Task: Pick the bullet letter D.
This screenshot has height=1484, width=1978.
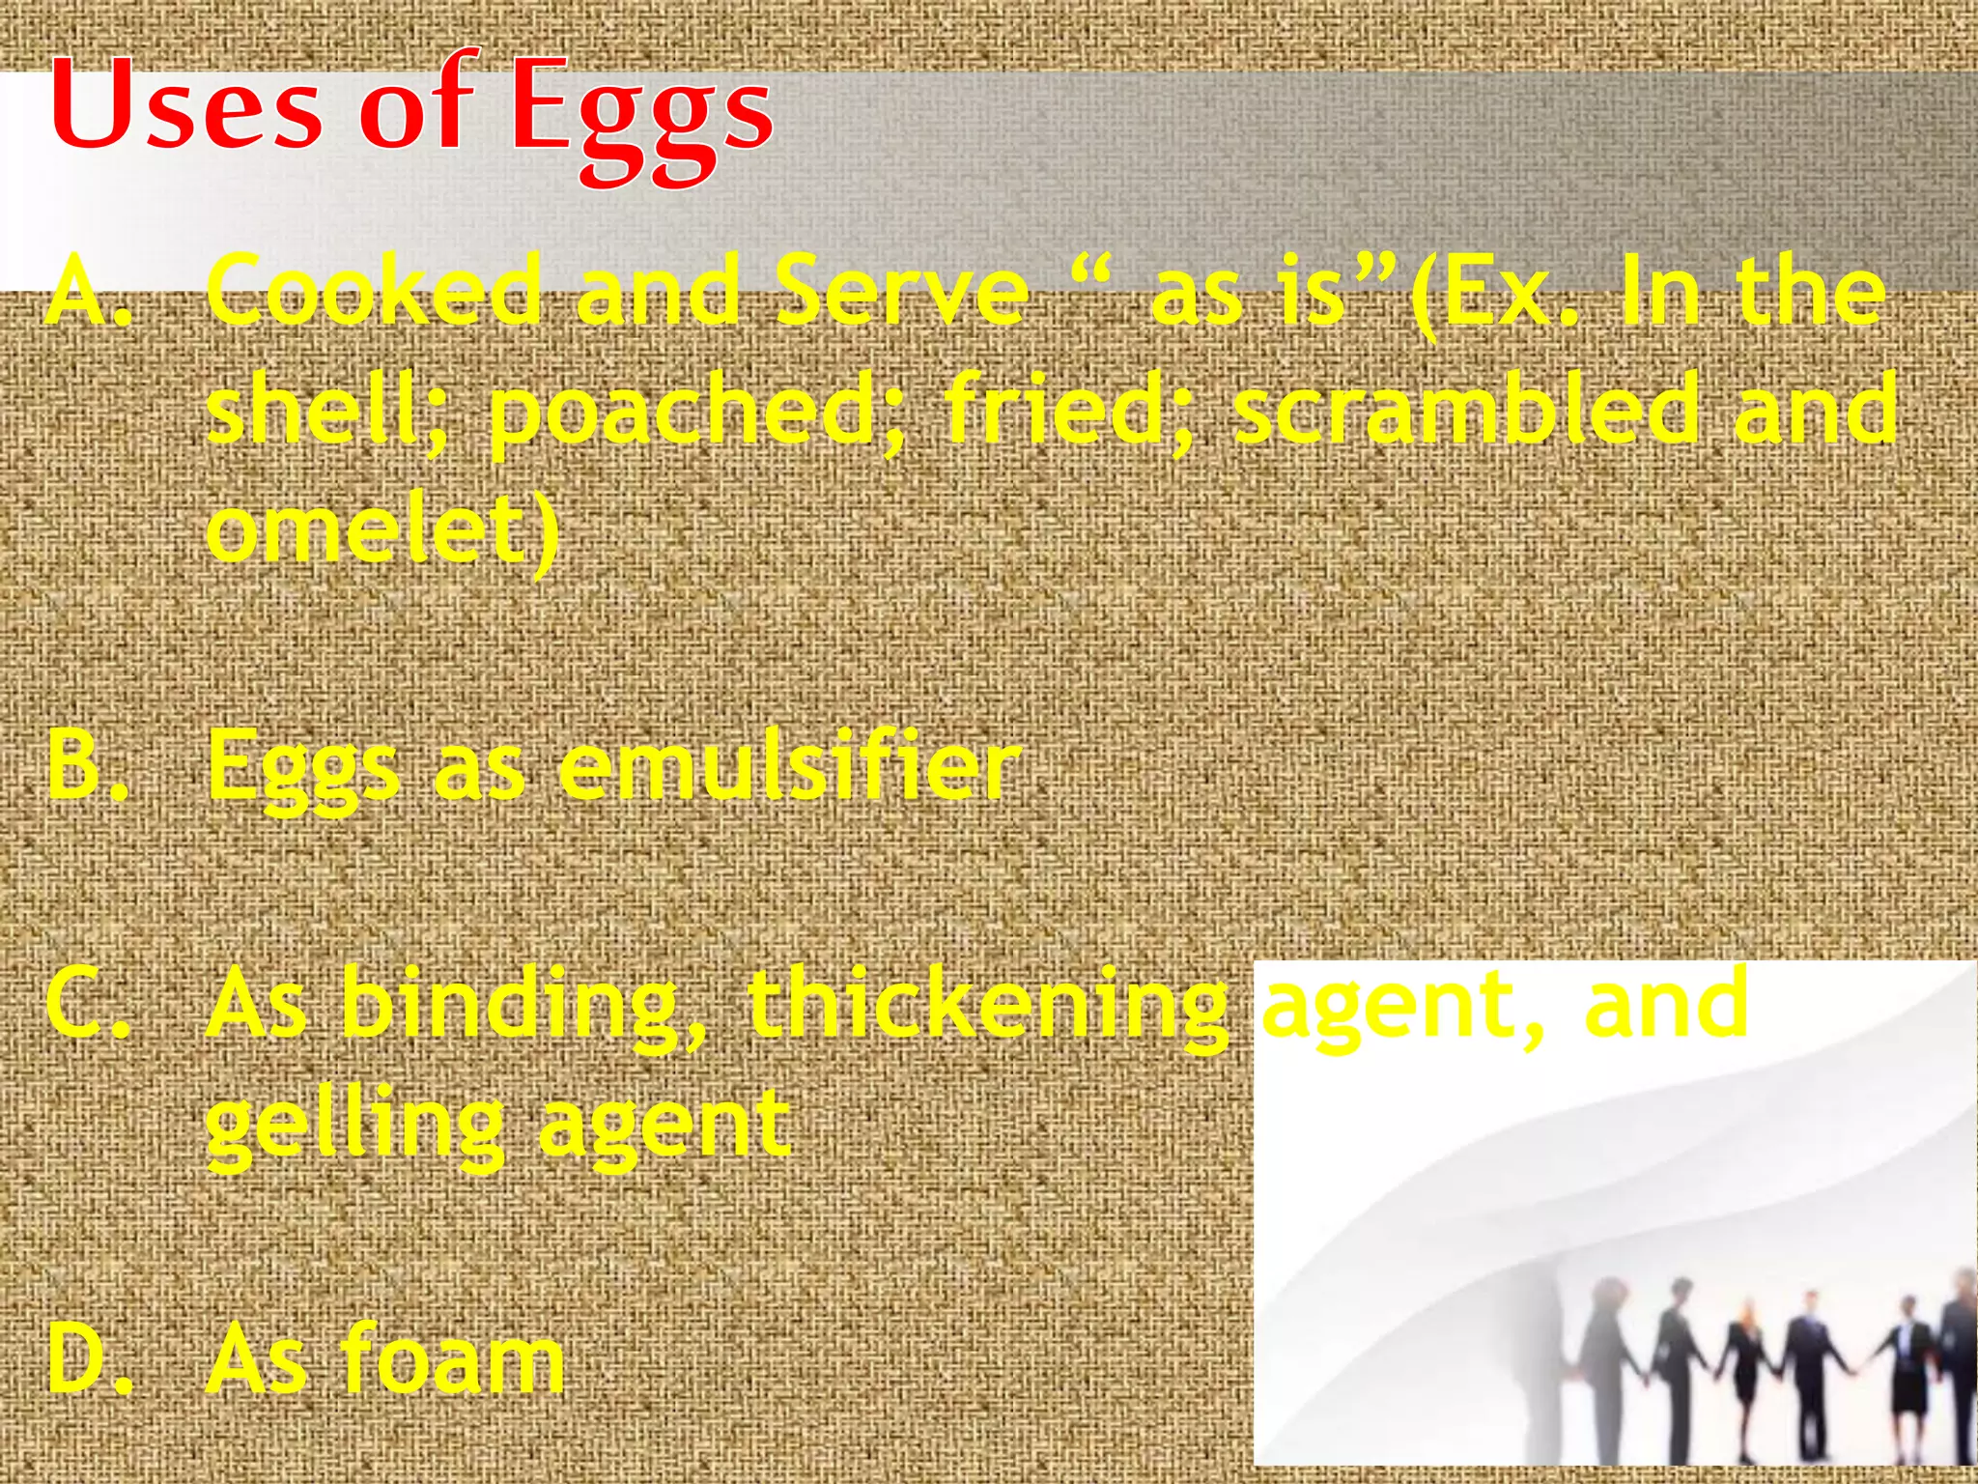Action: (84, 1360)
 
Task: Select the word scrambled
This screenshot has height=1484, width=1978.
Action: (1464, 410)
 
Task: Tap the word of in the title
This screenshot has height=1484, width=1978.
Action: (417, 106)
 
